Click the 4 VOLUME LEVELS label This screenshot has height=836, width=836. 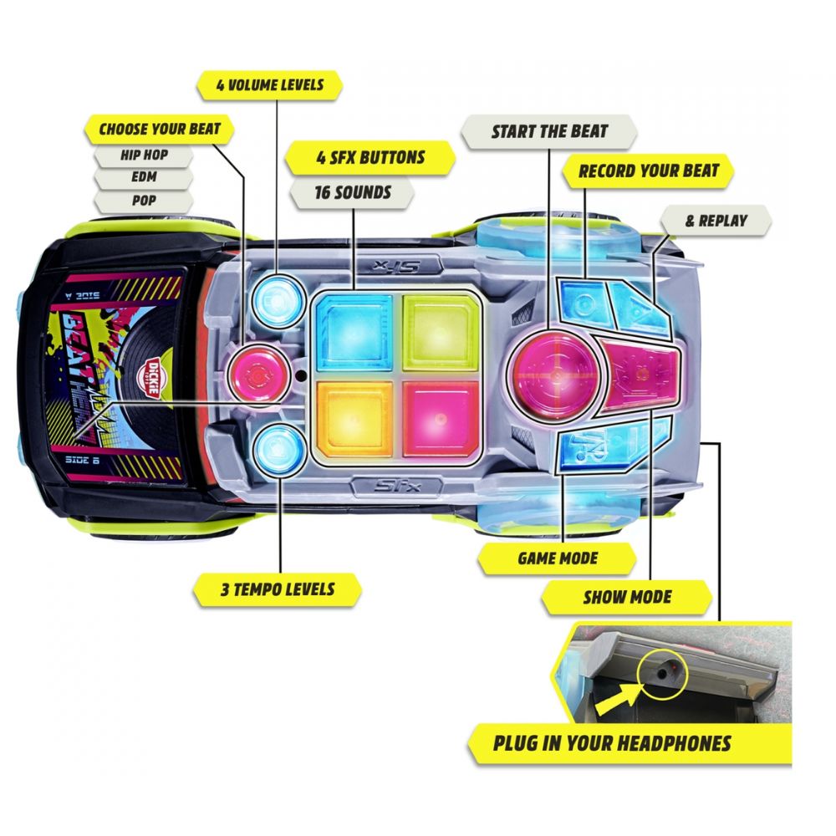270,85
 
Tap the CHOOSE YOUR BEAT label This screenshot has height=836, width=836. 159,129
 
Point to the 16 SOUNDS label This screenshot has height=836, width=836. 352,193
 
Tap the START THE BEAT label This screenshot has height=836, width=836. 548,131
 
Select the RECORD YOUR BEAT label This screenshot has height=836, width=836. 648,171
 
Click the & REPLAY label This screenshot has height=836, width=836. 716,222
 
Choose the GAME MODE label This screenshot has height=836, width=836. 558,557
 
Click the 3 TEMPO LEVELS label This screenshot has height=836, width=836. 277,589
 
